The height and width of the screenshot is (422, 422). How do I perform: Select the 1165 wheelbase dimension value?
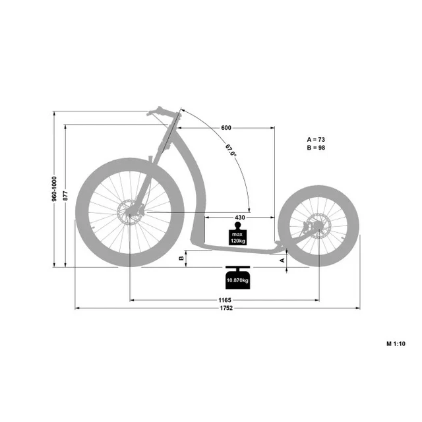click(x=225, y=300)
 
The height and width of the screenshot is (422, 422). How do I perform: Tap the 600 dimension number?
click(x=226, y=128)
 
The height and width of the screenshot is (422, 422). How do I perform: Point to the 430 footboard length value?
click(x=239, y=217)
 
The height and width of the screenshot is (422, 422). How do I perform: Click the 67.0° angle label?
click(x=230, y=151)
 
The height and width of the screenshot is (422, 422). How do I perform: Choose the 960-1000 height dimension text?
click(x=55, y=189)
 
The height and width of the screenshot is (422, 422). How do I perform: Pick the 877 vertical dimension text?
click(x=67, y=195)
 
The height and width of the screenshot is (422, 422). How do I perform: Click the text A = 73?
click(x=316, y=140)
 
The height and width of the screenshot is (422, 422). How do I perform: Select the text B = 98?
click(x=316, y=148)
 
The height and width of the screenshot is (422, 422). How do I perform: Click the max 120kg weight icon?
click(x=237, y=235)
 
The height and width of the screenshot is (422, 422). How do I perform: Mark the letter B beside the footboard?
click(x=181, y=258)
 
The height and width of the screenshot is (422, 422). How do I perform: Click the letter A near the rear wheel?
click(x=283, y=260)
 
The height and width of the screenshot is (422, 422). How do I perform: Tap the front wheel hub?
click(x=131, y=212)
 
